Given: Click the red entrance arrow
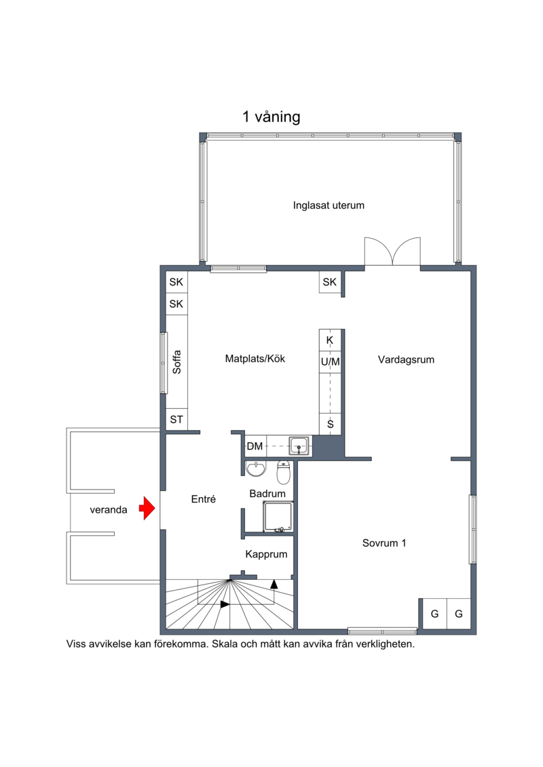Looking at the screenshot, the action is click(x=147, y=508).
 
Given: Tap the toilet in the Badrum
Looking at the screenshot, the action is click(x=284, y=471).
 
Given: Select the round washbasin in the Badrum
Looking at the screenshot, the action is click(x=256, y=469).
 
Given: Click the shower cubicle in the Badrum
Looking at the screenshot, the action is click(x=278, y=517).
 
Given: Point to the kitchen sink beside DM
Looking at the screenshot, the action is click(x=299, y=446).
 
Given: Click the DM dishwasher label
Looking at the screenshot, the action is click(x=255, y=446).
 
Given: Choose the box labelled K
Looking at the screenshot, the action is click(x=330, y=340).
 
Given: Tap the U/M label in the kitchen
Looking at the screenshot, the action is click(x=330, y=362).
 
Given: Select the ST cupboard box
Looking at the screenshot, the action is click(x=176, y=419).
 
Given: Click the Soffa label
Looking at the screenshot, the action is click(x=176, y=362).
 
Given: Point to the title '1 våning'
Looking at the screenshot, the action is click(x=271, y=117).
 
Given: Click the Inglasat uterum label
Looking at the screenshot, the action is click(x=329, y=205).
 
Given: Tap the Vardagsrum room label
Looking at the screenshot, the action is click(x=406, y=360).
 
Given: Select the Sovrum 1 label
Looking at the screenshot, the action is click(x=384, y=543).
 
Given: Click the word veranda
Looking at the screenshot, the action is click(x=109, y=510).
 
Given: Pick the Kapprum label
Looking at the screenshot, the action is click(x=266, y=555).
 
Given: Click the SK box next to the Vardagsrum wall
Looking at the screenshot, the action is click(x=330, y=282).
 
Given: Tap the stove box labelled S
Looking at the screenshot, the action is click(x=330, y=424).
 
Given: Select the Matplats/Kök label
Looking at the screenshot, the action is click(x=255, y=359).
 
